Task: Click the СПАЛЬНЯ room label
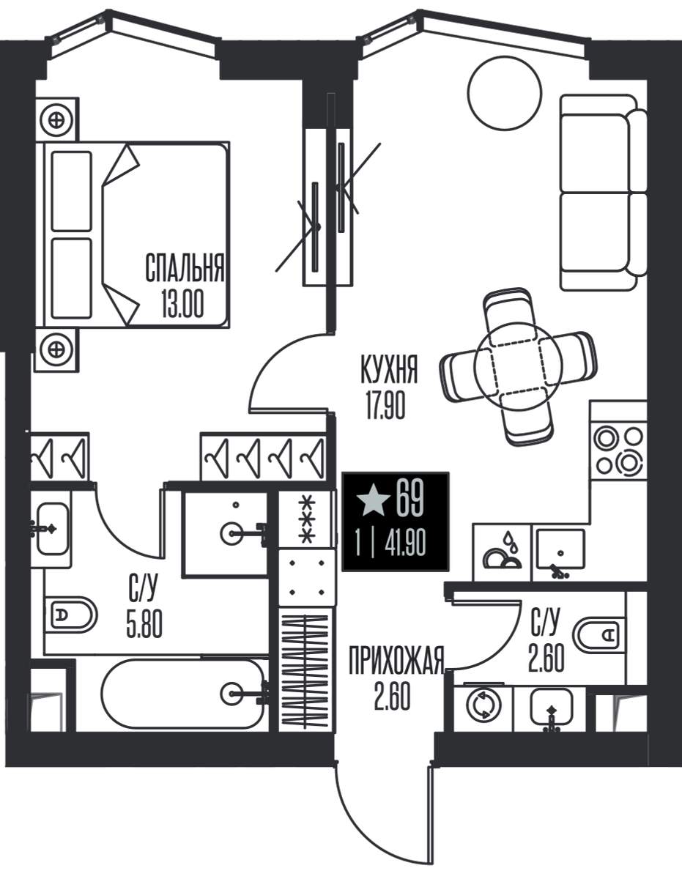[185, 268]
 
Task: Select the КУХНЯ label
[389, 369]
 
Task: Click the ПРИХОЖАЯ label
[396, 661]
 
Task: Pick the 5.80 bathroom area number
[144, 625]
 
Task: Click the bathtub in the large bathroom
[182, 694]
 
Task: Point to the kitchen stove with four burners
[618, 450]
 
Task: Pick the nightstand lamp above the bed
[58, 119]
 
